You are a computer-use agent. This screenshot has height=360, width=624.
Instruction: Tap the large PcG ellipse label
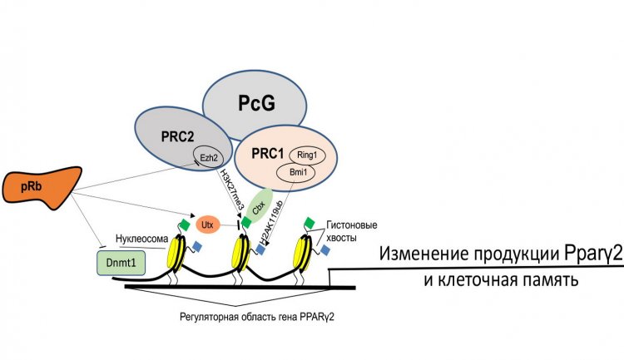[x=255, y=103]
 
